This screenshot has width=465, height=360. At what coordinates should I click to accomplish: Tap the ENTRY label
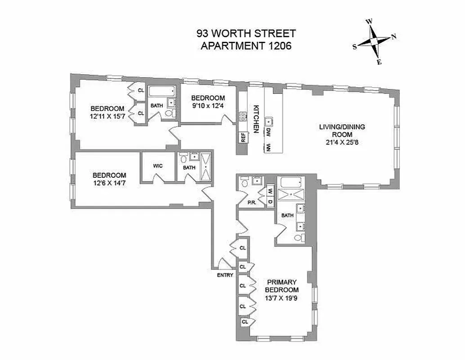(225, 275)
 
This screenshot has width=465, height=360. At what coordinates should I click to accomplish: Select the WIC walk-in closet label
(157, 166)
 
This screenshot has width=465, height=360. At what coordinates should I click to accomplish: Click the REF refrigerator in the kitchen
(243, 137)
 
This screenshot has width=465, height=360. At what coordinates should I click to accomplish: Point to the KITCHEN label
(256, 119)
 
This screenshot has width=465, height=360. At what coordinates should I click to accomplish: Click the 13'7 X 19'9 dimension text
(282, 298)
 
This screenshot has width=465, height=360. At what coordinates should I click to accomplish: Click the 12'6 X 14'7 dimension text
(109, 183)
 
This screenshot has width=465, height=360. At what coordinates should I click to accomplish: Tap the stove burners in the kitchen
(243, 117)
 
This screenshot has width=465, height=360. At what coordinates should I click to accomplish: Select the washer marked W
(270, 191)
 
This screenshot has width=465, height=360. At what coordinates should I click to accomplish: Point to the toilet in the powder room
(245, 183)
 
